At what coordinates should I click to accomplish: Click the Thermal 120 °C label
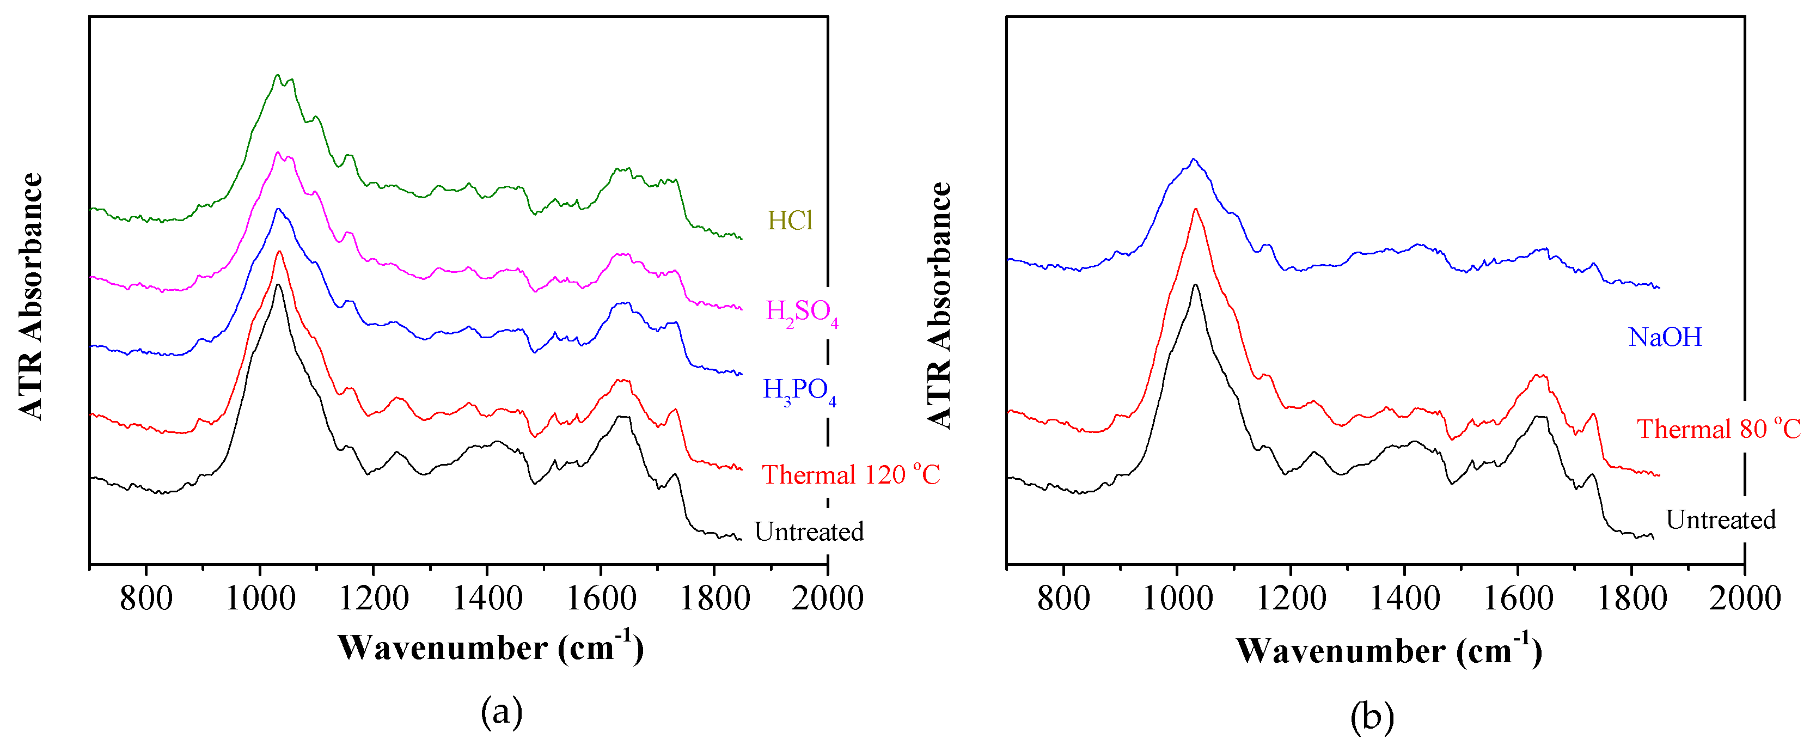click(851, 474)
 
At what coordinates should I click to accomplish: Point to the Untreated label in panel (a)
click(809, 532)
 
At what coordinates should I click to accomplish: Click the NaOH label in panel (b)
click(1665, 337)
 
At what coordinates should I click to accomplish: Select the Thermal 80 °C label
click(1718, 429)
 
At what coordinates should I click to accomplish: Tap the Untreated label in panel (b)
click(1720, 520)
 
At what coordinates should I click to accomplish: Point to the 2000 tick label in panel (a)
click(827, 599)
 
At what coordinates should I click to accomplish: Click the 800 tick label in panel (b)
click(1063, 599)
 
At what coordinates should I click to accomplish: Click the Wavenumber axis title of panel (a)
click(491, 648)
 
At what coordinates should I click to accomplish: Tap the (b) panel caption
click(1372, 717)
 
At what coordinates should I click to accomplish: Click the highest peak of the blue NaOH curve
click(1193, 160)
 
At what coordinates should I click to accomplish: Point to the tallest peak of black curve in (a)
click(278, 285)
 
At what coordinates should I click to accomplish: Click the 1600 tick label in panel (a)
click(600, 599)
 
